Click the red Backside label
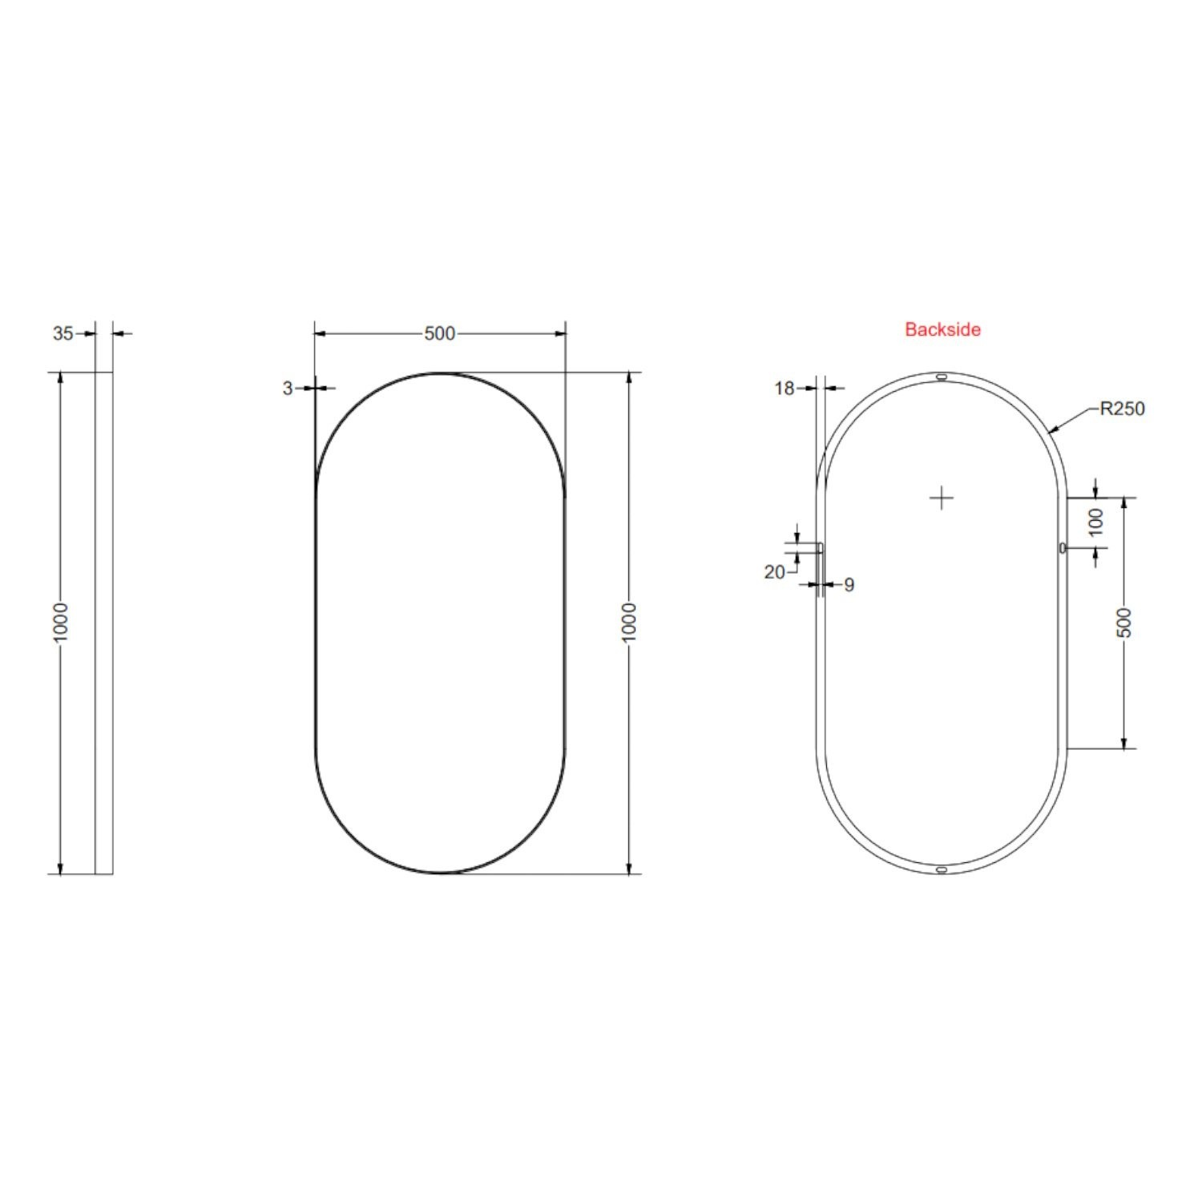point(942,329)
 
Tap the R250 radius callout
point(1122,409)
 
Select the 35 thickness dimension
point(63,333)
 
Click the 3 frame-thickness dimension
point(288,389)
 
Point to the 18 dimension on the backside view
point(785,389)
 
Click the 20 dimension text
point(774,572)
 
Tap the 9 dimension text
point(849,586)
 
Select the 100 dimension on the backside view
point(1097,522)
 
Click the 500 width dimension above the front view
point(439,333)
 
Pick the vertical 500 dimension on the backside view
point(1124,623)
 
